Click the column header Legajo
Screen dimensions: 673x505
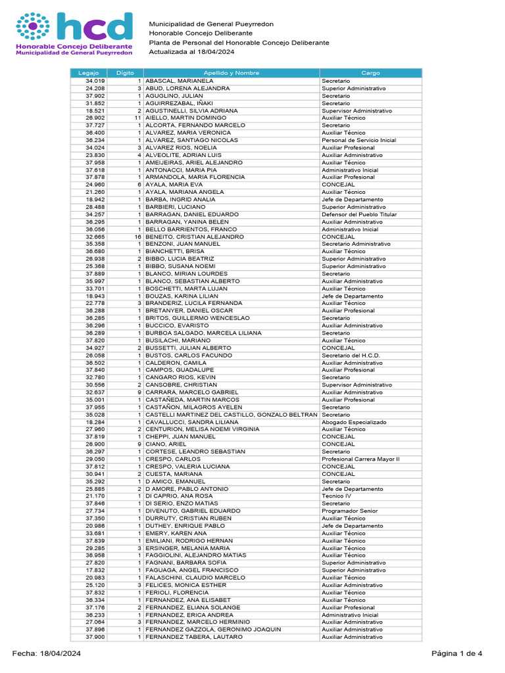pos(87,73)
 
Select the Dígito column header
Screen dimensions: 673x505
pos(125,73)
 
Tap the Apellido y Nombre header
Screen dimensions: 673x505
pos(231,73)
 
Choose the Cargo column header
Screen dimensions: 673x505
pos(370,73)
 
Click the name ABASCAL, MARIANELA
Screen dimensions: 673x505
pos(174,81)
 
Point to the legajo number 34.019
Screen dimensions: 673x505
pos(95,81)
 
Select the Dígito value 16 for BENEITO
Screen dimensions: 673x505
pos(138,237)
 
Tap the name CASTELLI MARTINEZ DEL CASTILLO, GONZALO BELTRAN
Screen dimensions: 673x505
pos(231,415)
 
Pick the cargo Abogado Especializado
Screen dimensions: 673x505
pos(352,422)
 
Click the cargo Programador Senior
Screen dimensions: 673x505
pos(349,511)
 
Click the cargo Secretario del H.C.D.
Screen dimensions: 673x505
pos(350,355)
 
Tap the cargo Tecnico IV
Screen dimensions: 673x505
pos(337,496)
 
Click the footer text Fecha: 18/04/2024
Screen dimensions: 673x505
pos(47,653)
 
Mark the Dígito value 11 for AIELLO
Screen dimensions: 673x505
pos(138,118)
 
